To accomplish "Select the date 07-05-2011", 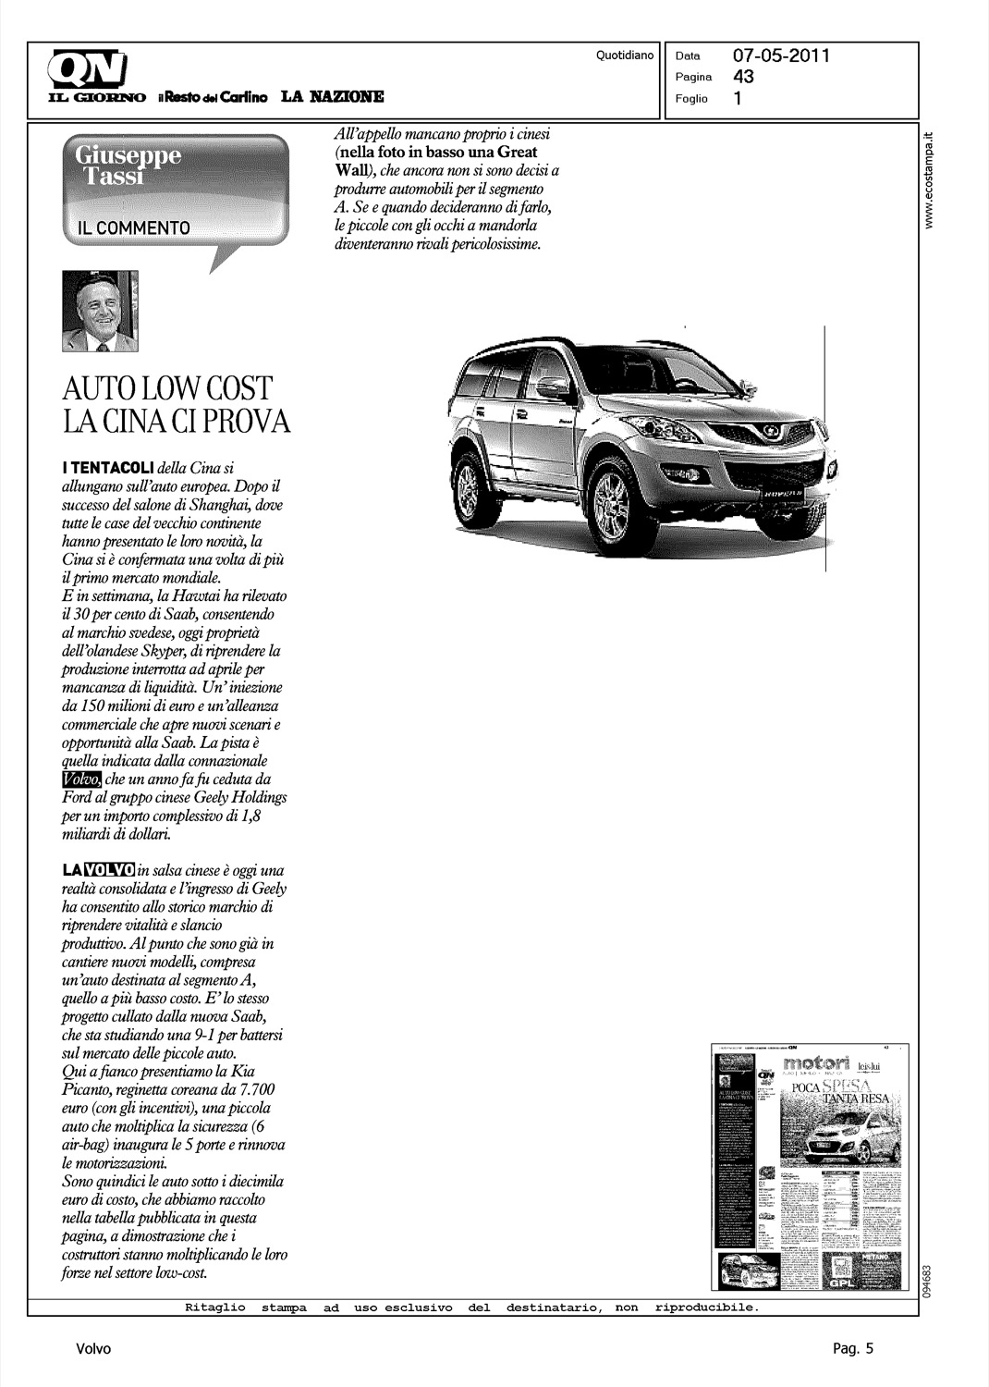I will point(781,55).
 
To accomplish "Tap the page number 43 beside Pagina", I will point(743,77).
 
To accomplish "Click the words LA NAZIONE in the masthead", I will point(333,96).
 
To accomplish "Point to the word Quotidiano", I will point(625,55).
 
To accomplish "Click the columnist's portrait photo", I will point(100,312).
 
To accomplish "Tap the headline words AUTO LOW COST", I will point(167,388).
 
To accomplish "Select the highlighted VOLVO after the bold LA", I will point(110,870).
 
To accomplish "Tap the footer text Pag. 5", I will point(852,1349).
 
